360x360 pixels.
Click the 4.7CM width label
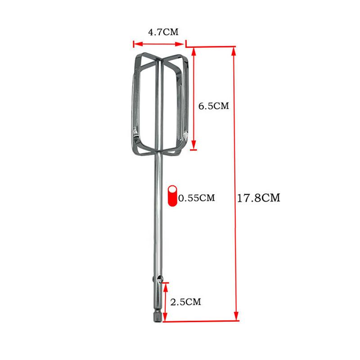pyautogui.click(x=163, y=32)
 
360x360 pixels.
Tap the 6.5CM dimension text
pyautogui.click(x=214, y=106)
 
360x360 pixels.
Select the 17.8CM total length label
pyautogui.click(x=258, y=198)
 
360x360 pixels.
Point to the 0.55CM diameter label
pyautogui.click(x=197, y=198)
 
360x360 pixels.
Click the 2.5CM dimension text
pyautogui.click(x=185, y=302)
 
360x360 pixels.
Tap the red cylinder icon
pyautogui.click(x=172, y=196)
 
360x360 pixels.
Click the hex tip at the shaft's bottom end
pyautogui.click(x=158, y=317)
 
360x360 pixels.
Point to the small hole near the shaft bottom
pyautogui.click(x=159, y=280)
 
